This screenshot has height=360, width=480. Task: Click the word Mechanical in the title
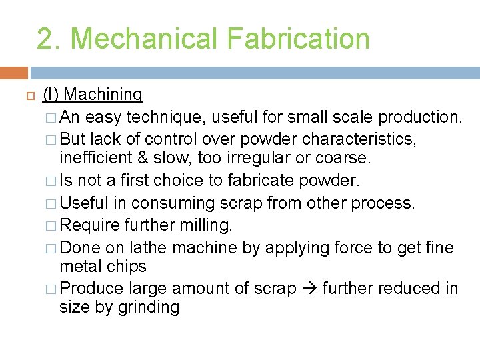147,39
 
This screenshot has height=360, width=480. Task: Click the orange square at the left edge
13,73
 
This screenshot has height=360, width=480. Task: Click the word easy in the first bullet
104,117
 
